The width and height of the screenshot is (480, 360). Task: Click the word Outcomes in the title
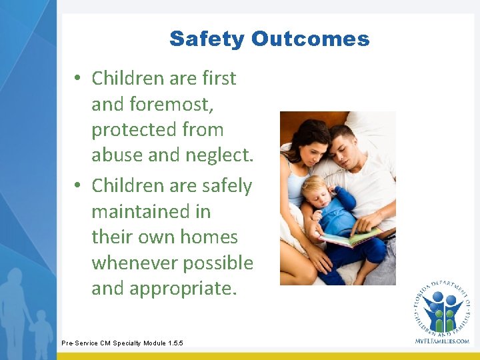[x=310, y=39]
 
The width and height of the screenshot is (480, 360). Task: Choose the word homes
[x=209, y=237]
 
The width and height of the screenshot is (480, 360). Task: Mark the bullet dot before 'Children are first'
[x=78, y=79]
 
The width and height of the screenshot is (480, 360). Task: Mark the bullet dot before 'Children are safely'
[x=78, y=185]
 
